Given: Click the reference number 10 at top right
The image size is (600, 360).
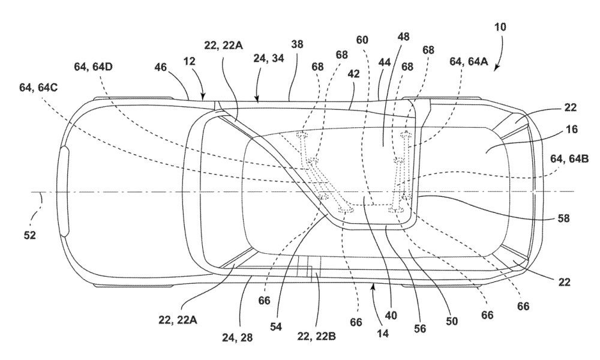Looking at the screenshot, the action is tap(500, 27).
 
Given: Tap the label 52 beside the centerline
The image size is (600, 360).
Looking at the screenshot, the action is tap(30, 235).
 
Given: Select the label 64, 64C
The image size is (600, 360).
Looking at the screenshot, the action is tap(38, 88).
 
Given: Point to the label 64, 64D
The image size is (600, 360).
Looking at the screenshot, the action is tap(94, 67).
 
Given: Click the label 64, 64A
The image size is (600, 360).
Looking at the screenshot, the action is tap(469, 61).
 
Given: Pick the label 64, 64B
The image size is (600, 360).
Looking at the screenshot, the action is tap(569, 158).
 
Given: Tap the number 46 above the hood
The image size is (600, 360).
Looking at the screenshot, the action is tap(161, 67).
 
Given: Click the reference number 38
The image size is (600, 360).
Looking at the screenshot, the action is tap(297, 44).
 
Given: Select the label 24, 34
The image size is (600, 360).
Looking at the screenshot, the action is tap(269, 59).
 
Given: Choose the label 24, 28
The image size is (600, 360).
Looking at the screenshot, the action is tap(237, 338).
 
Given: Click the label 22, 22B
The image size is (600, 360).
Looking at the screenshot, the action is tap(316, 336).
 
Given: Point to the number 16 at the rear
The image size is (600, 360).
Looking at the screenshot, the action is tap(572, 130).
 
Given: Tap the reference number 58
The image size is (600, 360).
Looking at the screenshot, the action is tap(563, 218).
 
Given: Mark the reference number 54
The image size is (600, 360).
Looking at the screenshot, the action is tap(276, 326).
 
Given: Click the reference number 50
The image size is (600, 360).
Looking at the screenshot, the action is tap(452, 322).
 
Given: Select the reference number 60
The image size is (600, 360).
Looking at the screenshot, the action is tap(362, 40).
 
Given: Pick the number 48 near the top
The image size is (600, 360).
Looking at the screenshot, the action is tap(403, 37).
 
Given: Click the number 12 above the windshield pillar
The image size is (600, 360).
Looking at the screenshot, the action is tap(190, 61).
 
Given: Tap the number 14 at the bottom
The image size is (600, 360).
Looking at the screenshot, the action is tap(383, 334).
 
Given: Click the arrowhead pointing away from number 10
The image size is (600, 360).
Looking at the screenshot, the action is tap(496, 68).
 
